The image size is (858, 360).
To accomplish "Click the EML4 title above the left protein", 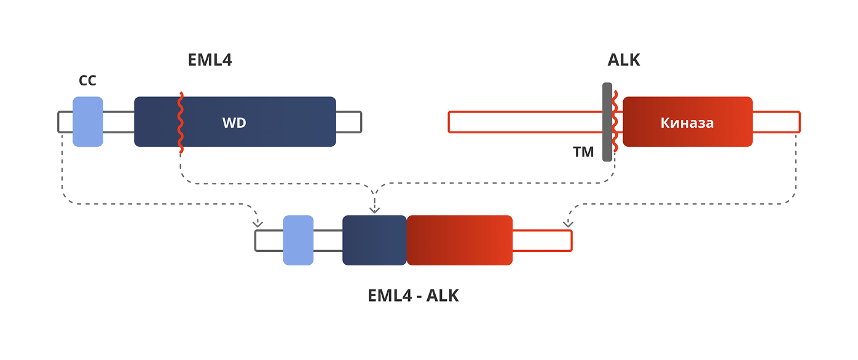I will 210,60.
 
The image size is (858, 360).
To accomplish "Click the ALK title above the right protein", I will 624,60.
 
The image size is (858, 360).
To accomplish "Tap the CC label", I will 88,81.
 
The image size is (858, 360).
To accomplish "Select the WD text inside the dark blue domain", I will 234,123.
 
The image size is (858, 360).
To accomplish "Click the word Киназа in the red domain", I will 687,123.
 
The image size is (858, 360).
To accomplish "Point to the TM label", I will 583,152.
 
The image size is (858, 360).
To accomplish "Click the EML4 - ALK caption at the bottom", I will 413,295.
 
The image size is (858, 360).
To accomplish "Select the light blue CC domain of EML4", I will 88,122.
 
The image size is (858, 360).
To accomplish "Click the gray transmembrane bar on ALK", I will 607,122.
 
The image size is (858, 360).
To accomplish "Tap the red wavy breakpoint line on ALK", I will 615,122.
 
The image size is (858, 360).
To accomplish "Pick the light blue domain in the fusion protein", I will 298,240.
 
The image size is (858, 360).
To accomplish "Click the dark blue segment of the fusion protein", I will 374,240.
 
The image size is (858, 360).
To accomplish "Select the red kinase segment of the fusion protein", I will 459,240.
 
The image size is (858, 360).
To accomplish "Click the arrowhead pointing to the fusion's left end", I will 258,223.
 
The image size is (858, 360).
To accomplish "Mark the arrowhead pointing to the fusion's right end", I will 568,223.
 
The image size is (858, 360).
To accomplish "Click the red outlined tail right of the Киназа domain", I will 776,122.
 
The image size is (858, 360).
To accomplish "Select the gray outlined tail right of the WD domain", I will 348,122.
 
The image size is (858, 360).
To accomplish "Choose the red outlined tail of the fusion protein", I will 541,240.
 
